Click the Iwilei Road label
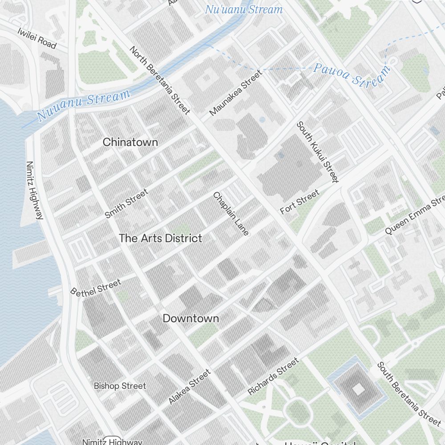[x=37, y=38]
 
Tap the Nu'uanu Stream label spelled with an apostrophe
[x=243, y=9]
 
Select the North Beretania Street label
[x=160, y=80]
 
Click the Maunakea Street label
[x=235, y=93]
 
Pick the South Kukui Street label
[x=318, y=152]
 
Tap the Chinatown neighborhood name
[x=130, y=142]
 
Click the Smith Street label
[x=126, y=204]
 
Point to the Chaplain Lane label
[x=231, y=214]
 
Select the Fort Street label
[x=299, y=202]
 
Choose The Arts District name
[x=160, y=239]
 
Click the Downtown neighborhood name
[x=190, y=319]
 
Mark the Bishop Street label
[x=120, y=386]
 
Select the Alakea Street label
[x=189, y=387]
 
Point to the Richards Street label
[x=273, y=376]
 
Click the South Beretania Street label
[x=409, y=393]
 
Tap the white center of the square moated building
[x=358, y=390]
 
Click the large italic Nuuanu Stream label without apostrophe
[x=84, y=105]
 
